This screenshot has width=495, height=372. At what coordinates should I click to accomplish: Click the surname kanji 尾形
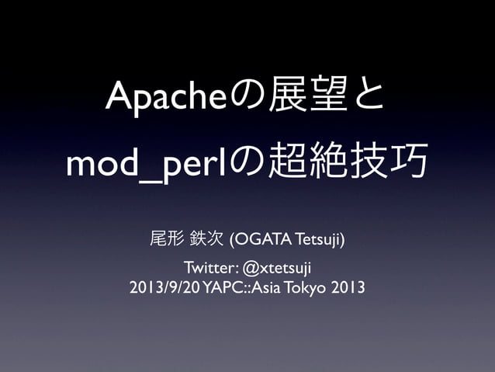165,236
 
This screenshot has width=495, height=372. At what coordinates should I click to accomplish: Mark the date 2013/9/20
164,288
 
